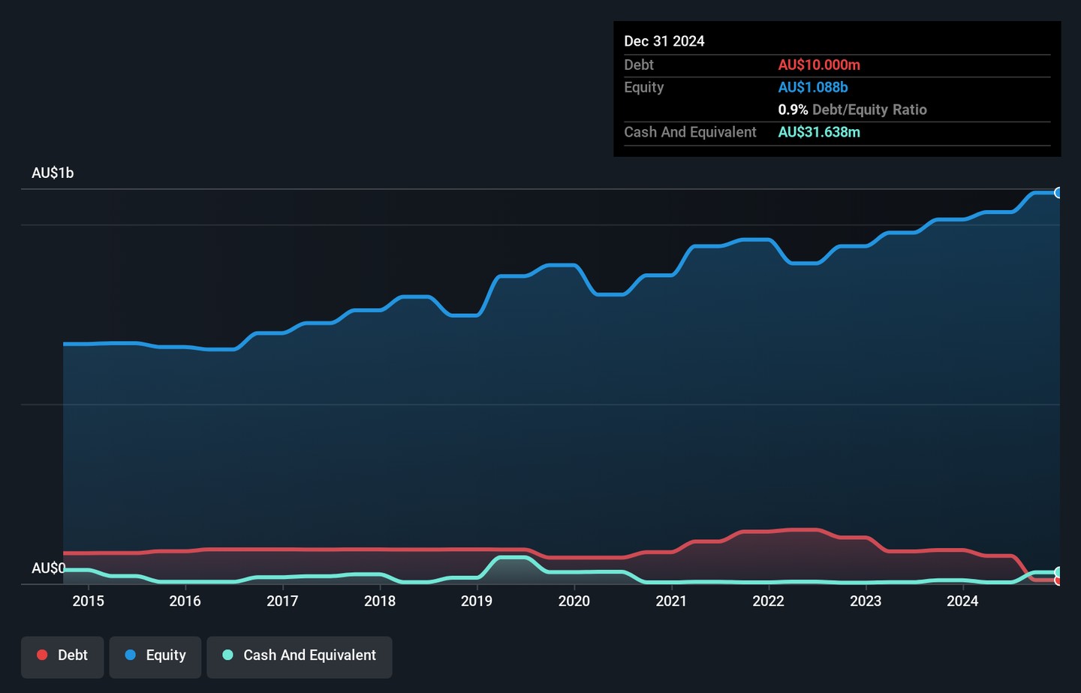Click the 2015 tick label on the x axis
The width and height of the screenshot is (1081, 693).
pos(88,601)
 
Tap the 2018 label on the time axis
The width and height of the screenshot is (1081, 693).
pos(379,601)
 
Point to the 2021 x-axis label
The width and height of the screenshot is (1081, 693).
pos(671,601)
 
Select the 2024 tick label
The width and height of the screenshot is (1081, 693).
pos(962,601)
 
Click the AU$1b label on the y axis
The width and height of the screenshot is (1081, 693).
pos(53,173)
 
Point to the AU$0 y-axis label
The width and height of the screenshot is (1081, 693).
pos(48,568)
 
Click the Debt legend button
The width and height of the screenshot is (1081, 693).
pos(62,655)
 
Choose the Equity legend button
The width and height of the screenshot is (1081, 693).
pos(155,655)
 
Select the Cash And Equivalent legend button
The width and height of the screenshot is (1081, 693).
pos(300,655)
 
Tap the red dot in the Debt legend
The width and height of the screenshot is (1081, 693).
pos(43,655)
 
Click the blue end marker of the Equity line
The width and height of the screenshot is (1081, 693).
pos(1058,193)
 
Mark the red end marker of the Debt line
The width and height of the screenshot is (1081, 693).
pos(1058,580)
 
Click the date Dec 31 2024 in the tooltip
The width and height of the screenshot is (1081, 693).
pos(664,41)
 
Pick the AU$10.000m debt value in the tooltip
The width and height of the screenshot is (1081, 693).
pos(819,65)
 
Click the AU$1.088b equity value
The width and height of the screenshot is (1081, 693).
pos(813,87)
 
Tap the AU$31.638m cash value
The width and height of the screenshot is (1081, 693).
pos(819,132)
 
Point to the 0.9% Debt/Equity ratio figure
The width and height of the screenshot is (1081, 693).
pos(793,110)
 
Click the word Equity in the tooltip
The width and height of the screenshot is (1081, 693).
pos(644,87)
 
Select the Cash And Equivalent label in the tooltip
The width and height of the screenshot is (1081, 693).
pos(690,132)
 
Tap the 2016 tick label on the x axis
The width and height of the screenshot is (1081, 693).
pos(185,601)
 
